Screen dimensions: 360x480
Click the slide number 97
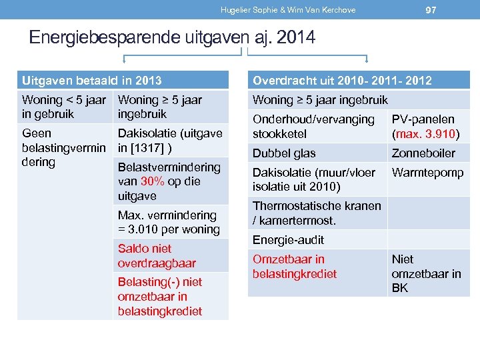[431, 9]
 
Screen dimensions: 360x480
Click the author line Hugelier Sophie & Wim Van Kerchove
[288, 10]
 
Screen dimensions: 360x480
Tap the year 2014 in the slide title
[294, 38]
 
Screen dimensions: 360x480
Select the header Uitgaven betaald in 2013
[92, 81]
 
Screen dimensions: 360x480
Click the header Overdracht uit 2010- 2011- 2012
[341, 81]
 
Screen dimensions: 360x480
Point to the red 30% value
[152, 181]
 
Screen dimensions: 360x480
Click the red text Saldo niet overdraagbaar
[157, 255]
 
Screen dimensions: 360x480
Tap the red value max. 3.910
[424, 133]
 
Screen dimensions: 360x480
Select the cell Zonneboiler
[423, 153]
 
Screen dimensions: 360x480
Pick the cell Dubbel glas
[284, 153]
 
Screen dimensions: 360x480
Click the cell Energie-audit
[288, 239]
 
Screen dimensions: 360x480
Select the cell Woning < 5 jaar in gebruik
[64, 107]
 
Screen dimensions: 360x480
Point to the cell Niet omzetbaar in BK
[426, 273]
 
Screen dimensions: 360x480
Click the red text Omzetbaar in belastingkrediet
[295, 266]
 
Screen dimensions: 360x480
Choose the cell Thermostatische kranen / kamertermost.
[317, 213]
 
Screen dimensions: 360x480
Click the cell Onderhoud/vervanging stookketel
[313, 126]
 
